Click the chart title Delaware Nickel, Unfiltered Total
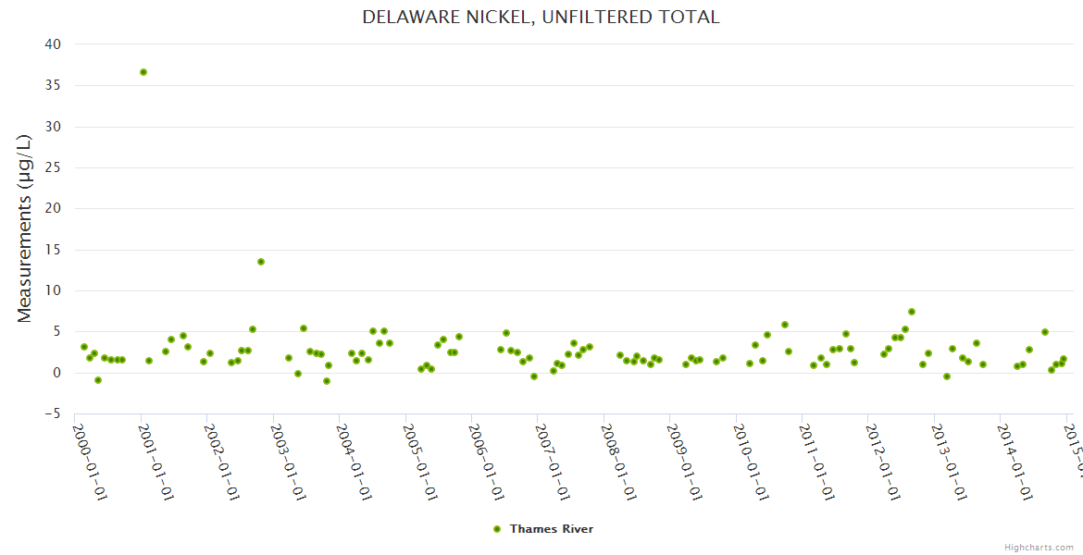point(541,17)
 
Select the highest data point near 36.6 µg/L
point(143,72)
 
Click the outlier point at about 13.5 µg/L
point(261,262)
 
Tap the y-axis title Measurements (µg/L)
point(25,228)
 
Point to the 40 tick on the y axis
point(53,44)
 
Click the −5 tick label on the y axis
point(53,413)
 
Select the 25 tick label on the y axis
point(53,208)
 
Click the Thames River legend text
point(552,529)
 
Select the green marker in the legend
point(497,529)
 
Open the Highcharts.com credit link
point(1039,547)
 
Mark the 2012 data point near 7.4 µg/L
point(912,312)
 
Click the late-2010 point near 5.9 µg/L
point(785,325)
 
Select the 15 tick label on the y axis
point(53,249)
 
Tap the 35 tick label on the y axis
point(53,85)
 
